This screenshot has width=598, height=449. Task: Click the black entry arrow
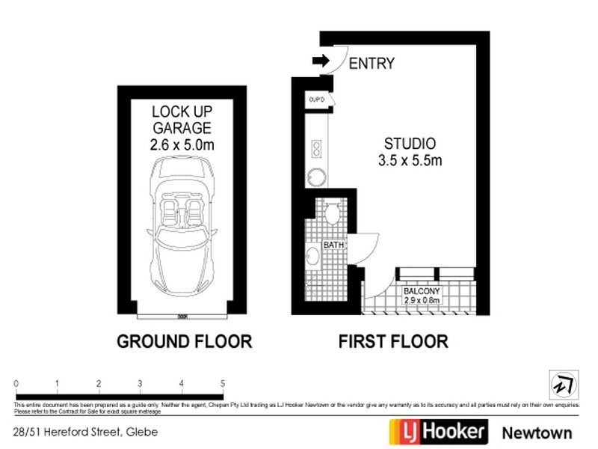(x=322, y=63)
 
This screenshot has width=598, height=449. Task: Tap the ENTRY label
(x=372, y=64)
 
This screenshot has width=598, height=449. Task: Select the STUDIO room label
(x=410, y=144)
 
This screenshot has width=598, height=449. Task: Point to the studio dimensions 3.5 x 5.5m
(x=410, y=160)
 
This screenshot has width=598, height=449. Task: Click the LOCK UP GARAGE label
(x=182, y=120)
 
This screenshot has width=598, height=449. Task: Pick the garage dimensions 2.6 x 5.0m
(x=182, y=145)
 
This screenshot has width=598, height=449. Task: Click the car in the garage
(x=182, y=228)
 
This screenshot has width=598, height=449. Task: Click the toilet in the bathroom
(x=331, y=214)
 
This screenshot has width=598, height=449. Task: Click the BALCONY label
(x=422, y=290)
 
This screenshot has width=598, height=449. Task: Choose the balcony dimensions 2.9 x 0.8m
(x=422, y=300)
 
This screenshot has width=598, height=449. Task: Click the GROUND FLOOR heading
(x=184, y=342)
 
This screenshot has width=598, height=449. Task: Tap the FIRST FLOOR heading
(x=393, y=342)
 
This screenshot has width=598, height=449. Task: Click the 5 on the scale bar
(x=222, y=384)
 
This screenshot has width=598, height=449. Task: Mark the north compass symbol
(x=561, y=384)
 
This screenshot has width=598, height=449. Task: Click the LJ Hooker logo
(x=438, y=431)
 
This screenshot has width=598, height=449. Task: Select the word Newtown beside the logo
(x=537, y=433)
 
